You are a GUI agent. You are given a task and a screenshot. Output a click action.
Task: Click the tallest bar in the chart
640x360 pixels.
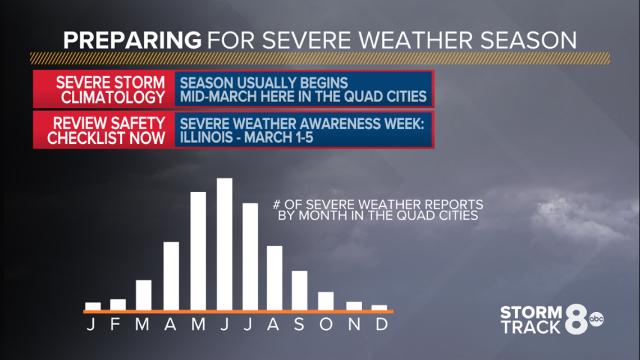225,244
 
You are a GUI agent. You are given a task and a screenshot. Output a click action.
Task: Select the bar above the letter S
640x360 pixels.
300,290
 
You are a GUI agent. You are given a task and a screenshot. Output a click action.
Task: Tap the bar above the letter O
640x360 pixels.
326,301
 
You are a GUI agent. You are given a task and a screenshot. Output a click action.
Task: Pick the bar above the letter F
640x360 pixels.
118,305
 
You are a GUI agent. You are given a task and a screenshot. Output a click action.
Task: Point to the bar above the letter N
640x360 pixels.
354,306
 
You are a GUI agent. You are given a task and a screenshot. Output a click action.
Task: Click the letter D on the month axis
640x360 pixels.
382,324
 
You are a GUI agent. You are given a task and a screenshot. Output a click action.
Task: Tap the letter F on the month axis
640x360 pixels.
115,324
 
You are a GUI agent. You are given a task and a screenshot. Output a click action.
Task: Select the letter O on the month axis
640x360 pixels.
326,324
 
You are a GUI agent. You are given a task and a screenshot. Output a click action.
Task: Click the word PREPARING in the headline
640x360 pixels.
132,40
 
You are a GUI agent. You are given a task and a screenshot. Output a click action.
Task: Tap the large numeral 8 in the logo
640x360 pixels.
577,319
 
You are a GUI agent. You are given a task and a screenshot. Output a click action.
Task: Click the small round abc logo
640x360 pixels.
596,319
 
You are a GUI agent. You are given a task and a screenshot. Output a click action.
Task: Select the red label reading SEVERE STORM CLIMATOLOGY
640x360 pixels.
104,89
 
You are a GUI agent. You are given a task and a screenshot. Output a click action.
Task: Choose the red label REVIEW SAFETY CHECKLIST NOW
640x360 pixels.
104,130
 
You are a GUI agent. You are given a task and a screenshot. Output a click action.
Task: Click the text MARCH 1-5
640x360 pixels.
279,138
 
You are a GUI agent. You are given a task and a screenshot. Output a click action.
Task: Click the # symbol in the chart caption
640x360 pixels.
277,204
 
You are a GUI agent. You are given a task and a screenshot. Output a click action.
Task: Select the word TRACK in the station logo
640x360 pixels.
531,327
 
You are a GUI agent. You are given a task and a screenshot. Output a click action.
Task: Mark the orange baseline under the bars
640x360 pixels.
239,312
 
